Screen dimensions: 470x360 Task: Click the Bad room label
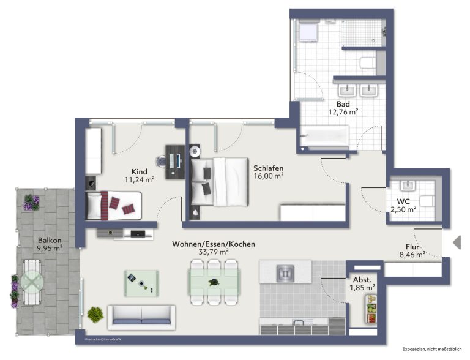tap(343, 104)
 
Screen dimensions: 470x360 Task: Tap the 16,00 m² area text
tap(269, 176)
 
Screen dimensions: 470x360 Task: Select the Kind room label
tap(140, 171)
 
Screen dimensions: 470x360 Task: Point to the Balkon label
tap(50, 240)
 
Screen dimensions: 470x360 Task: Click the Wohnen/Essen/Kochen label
tap(214, 244)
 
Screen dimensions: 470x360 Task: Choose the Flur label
tap(412, 247)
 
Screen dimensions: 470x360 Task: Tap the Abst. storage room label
tap(362, 280)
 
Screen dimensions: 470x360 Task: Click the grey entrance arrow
tap(457, 242)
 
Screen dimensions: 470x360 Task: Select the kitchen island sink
tap(285, 273)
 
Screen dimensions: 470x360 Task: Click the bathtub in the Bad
tap(325, 137)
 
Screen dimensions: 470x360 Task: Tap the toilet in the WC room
tap(427, 201)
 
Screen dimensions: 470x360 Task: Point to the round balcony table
tap(32, 282)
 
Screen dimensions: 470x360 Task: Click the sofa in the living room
tap(141, 315)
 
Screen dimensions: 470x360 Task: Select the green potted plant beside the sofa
tap(95, 315)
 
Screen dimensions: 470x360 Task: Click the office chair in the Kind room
tap(160, 162)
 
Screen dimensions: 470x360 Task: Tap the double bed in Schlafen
tap(220, 182)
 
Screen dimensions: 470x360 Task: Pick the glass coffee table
tap(141, 283)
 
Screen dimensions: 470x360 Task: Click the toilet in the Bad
tap(368, 62)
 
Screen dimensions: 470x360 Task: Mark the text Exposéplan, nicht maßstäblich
tap(431, 349)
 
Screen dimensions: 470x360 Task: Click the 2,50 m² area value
tap(403, 209)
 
